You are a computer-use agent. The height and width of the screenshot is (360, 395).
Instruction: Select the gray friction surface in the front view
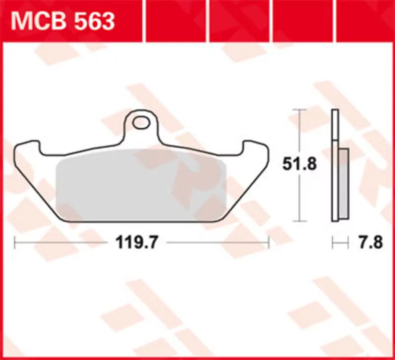click(141, 185)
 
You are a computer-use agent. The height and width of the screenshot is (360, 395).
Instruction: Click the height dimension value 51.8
click(299, 164)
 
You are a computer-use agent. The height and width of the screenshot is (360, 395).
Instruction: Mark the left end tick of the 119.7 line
click(15, 242)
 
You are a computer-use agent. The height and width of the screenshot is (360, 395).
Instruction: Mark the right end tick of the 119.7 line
click(269, 242)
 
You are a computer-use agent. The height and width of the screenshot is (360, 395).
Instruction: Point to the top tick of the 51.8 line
click(300, 109)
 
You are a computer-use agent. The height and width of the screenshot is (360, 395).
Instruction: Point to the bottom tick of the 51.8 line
click(300, 221)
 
